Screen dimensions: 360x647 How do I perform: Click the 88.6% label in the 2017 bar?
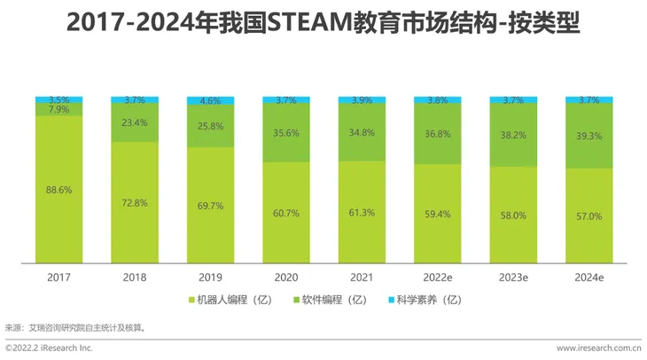[58, 190]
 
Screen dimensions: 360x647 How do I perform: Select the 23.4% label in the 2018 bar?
[136, 122]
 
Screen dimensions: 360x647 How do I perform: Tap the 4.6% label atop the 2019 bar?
[210, 102]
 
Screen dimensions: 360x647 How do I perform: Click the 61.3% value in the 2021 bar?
[362, 213]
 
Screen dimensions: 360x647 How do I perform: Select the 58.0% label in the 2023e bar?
[513, 215]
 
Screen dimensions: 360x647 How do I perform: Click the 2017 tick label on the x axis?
[59, 277]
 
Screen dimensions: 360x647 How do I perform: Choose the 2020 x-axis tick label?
[286, 277]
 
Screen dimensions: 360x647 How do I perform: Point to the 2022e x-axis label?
[438, 277]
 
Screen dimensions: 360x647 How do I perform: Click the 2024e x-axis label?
[589, 277]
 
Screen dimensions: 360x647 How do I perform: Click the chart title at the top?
[323, 23]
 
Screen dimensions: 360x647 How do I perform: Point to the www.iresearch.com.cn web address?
[599, 348]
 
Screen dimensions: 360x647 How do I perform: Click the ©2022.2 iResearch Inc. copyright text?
[50, 348]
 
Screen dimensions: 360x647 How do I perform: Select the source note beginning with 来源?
[75, 327]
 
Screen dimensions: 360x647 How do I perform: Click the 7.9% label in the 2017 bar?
[58, 110]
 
